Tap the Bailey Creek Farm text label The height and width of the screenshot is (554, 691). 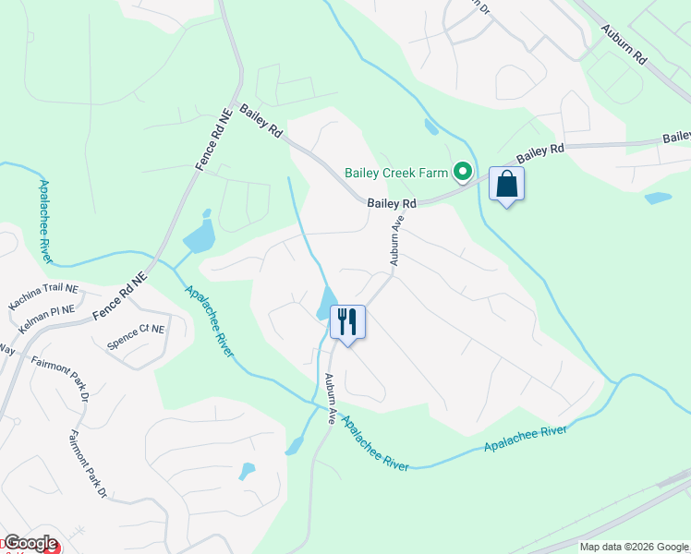[395, 173]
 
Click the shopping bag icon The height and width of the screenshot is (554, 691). [507, 184]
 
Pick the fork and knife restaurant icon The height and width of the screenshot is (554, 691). [347, 322]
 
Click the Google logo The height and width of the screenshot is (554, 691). [30, 543]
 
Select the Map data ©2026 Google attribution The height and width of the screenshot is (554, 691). [635, 547]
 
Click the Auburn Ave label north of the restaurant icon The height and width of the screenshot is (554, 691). [397, 241]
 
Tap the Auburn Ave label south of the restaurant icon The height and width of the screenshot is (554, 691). [330, 398]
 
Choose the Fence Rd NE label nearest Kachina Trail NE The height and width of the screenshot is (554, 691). [120, 297]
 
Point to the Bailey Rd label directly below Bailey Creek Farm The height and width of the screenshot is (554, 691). [392, 203]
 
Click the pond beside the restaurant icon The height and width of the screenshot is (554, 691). [326, 302]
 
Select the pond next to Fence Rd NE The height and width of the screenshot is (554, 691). [200, 237]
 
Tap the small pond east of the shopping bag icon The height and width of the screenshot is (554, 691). [658, 198]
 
